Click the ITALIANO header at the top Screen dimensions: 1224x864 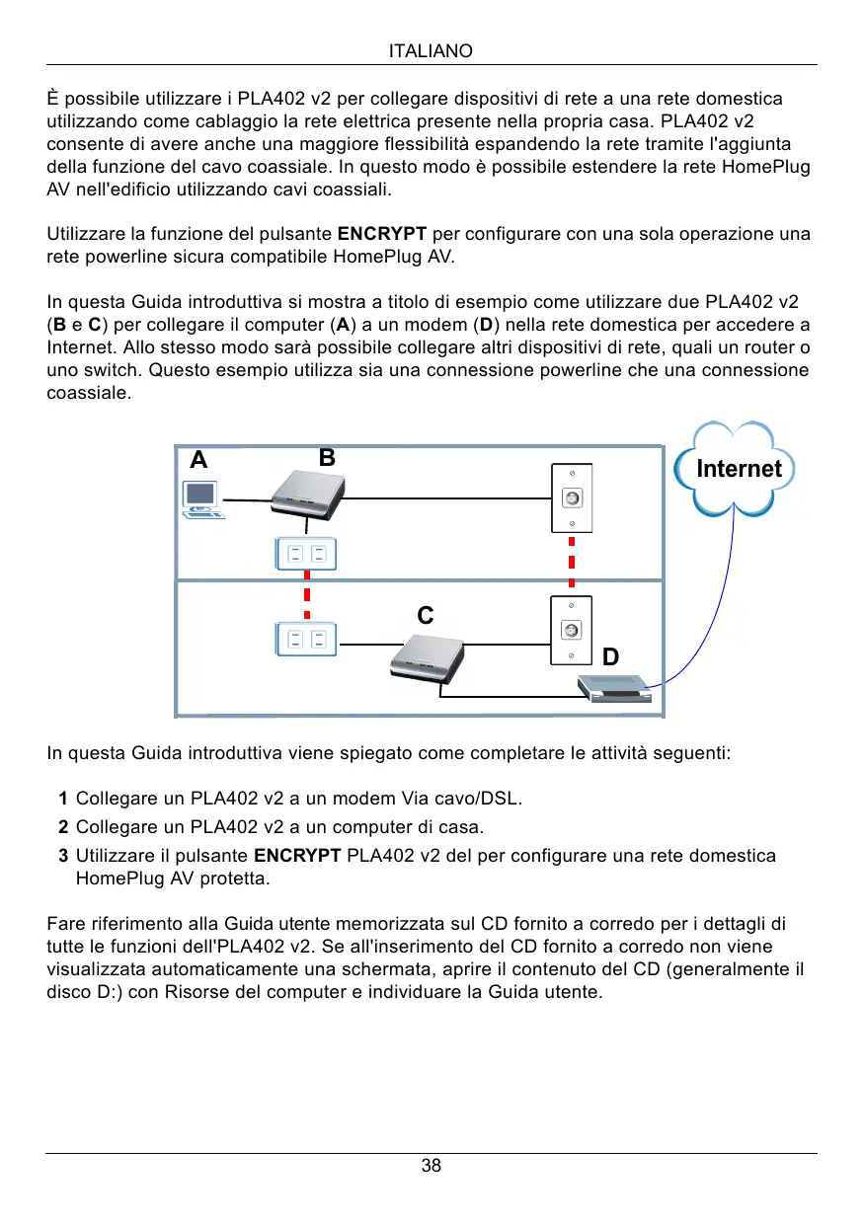(432, 50)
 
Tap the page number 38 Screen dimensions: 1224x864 (432, 1166)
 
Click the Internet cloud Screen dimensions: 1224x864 (736, 469)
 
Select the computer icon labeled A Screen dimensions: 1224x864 (202, 499)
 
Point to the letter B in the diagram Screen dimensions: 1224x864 (328, 458)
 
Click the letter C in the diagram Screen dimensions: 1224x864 (425, 616)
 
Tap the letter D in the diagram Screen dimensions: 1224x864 (611, 656)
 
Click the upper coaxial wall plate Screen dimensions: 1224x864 (571, 498)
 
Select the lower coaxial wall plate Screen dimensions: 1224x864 (570, 630)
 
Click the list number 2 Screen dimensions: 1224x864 (62, 826)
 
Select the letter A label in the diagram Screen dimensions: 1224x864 (199, 460)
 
